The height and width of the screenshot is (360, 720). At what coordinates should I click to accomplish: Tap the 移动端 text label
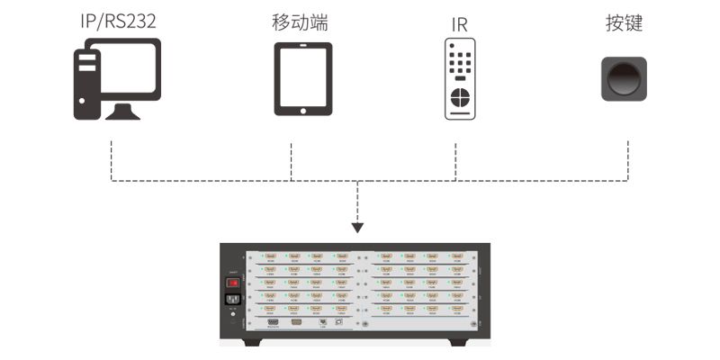(300, 22)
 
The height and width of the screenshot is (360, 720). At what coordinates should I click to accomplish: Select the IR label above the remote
(459, 23)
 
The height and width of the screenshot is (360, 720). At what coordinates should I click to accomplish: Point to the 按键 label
(624, 22)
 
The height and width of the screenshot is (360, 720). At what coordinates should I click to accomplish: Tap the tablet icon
(302, 78)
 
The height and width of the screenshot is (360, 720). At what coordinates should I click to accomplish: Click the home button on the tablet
(302, 111)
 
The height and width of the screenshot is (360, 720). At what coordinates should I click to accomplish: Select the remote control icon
(459, 79)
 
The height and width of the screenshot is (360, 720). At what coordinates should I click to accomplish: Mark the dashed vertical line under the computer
(112, 160)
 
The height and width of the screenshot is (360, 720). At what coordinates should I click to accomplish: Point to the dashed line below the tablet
(292, 160)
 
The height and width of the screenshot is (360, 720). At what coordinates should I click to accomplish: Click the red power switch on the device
(232, 283)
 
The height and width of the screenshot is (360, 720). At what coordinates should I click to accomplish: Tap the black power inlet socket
(232, 301)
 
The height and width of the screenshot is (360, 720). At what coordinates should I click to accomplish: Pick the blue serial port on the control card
(274, 320)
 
